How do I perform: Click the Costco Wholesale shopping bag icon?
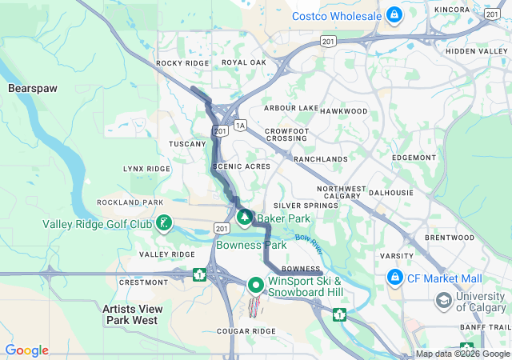(x=394, y=14)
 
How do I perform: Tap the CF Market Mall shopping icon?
(x=394, y=278)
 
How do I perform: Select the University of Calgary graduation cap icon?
(x=442, y=300)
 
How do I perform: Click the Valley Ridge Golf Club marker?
(x=163, y=223)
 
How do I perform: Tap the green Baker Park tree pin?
(x=244, y=217)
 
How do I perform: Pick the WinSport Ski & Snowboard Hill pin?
(x=255, y=285)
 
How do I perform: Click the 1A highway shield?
(x=240, y=126)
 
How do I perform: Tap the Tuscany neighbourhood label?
(x=187, y=144)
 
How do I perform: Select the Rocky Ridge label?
(x=182, y=62)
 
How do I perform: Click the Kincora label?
(x=452, y=10)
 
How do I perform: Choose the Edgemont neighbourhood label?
(x=414, y=158)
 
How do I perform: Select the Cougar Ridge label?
(x=246, y=331)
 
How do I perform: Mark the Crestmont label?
(x=143, y=282)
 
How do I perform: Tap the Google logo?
(x=26, y=350)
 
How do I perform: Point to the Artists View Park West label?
(x=133, y=314)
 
